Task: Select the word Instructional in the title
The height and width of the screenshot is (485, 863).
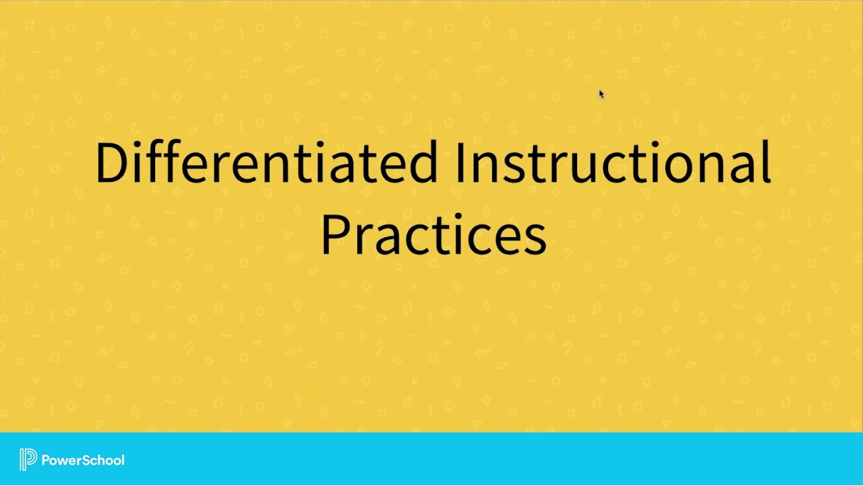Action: coord(612,162)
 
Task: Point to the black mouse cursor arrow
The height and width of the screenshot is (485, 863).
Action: coord(601,94)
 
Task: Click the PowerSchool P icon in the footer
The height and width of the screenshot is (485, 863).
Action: coord(28,459)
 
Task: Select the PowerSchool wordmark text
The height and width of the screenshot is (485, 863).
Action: coord(83,460)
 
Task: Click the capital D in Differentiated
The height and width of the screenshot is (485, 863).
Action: coord(111,162)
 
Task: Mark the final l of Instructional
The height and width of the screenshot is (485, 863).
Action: coord(767,162)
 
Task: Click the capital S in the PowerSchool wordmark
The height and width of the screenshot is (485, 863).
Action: coord(83,460)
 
